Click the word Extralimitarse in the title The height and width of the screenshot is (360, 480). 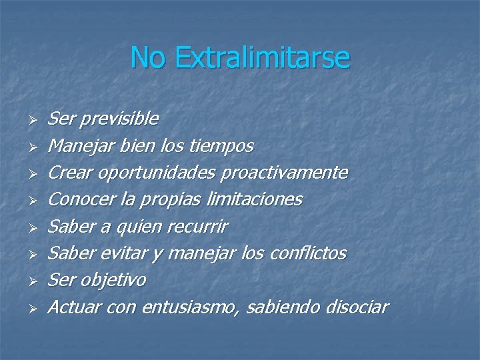[262, 58]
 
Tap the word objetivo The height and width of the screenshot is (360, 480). [113, 280]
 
